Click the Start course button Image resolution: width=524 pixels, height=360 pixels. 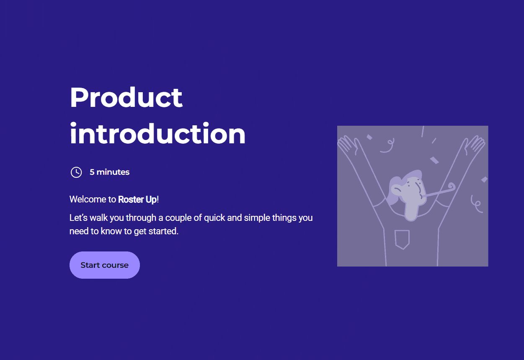point(105,265)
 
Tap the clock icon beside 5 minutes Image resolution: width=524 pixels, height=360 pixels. point(76,172)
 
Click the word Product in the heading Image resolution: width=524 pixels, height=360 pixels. point(126,97)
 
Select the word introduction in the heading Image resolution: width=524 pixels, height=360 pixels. point(157,133)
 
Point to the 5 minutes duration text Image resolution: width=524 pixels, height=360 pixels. point(109,172)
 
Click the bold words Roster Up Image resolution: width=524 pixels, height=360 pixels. point(137,199)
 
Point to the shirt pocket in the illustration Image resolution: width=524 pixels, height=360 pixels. point(402,239)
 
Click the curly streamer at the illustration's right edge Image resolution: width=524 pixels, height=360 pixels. point(477,204)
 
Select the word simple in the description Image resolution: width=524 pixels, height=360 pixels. point(257,218)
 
